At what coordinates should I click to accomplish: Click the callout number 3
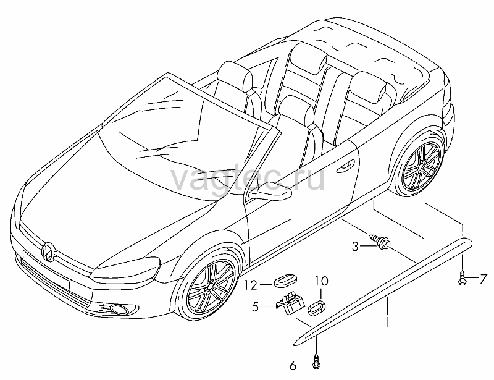point(356,247)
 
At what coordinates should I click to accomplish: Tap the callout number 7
point(484,279)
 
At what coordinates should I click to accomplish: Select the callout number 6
point(293,366)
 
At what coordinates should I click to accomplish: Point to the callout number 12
point(251,285)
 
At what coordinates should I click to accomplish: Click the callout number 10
point(321,281)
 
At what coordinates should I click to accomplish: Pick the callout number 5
point(256,306)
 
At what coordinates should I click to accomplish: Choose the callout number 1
point(388,322)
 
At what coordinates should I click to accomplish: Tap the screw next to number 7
point(462,278)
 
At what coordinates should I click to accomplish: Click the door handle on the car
point(346,166)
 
